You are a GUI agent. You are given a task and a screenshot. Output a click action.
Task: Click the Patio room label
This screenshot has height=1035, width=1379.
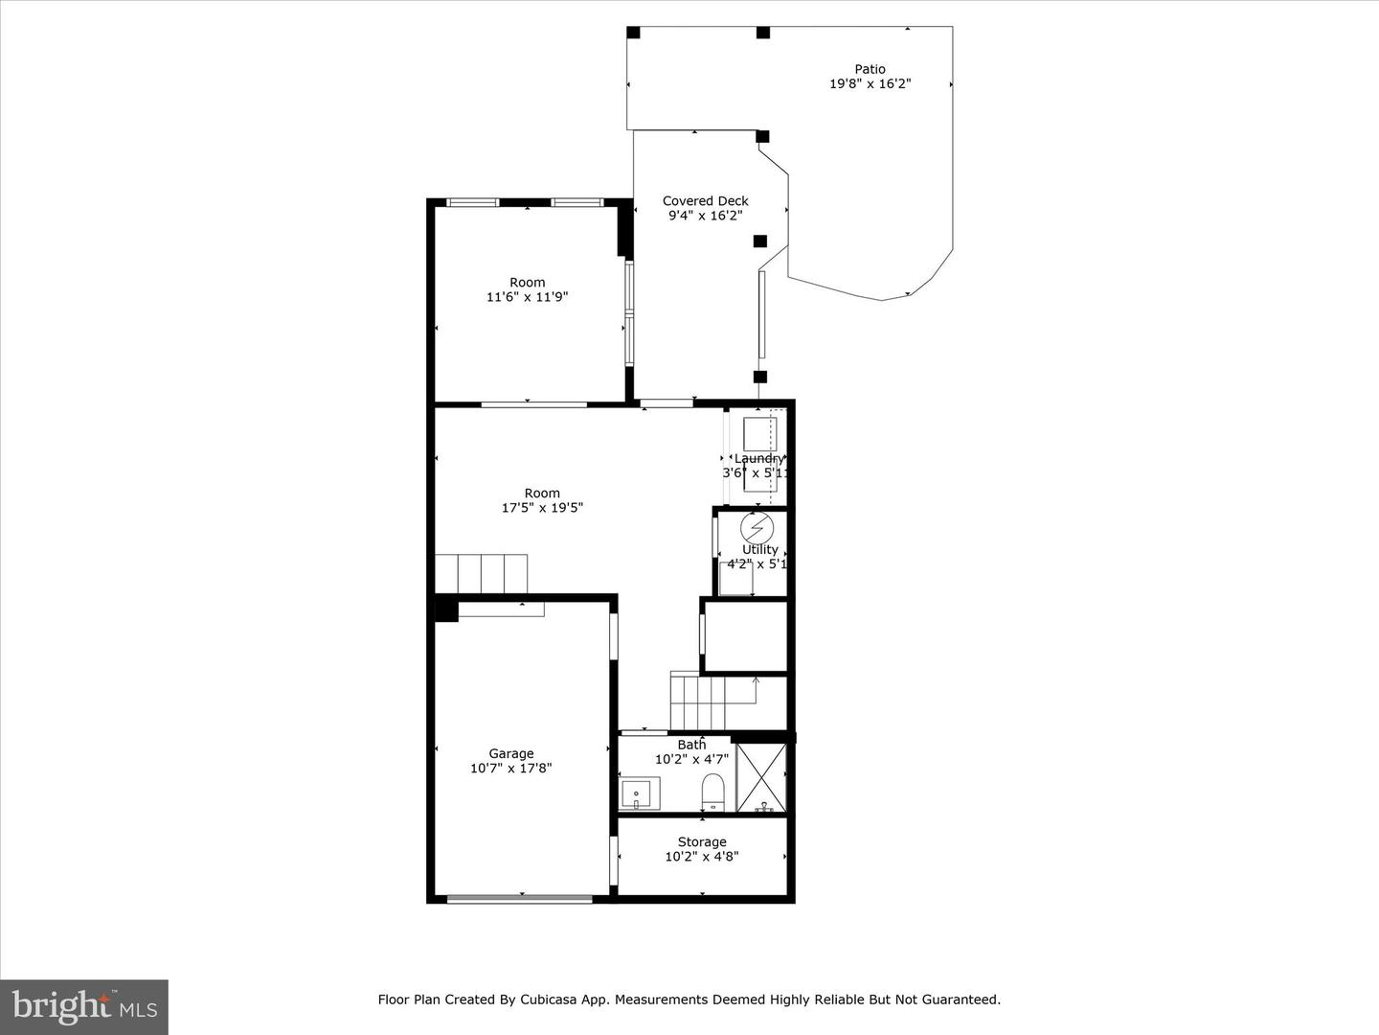pos(870,69)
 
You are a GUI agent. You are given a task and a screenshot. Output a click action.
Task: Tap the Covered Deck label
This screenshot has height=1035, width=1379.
pos(705,201)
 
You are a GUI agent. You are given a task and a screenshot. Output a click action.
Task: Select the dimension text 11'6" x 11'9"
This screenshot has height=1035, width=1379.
pos(527,297)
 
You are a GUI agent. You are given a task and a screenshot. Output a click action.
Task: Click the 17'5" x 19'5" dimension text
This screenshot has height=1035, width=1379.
pos(542,508)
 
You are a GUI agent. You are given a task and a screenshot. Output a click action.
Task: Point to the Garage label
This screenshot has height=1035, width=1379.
pos(510,753)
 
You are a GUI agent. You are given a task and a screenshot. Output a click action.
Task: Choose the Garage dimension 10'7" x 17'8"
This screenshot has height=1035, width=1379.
pos(510,769)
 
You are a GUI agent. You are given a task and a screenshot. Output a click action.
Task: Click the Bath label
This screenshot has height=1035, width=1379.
pos(691,745)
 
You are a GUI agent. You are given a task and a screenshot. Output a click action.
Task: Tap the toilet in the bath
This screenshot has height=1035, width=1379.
pos(712,792)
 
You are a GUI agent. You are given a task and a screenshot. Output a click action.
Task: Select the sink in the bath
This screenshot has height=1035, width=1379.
pos(636,794)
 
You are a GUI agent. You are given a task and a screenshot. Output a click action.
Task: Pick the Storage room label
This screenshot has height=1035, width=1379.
pos(702,842)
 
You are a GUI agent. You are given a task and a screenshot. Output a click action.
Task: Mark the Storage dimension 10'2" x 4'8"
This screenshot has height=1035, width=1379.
pos(702,857)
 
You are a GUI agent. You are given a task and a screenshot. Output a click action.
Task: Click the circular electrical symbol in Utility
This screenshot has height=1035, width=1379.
pos(756,528)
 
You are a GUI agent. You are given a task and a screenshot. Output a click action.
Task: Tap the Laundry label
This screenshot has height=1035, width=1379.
pos(758,459)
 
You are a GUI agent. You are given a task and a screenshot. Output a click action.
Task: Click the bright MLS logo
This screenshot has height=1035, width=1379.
pos(84,1006)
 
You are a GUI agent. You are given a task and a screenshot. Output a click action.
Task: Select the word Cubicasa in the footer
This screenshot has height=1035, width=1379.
pos(547,1000)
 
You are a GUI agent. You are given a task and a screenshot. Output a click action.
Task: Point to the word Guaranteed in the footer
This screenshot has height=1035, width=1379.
pos(961,1000)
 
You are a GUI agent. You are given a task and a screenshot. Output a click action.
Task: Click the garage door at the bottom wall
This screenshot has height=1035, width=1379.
pos(520,898)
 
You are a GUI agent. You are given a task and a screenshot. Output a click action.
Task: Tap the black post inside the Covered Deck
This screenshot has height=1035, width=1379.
pos(759,241)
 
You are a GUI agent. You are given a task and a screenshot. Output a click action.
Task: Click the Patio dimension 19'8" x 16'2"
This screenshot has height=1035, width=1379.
pos(870,84)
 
